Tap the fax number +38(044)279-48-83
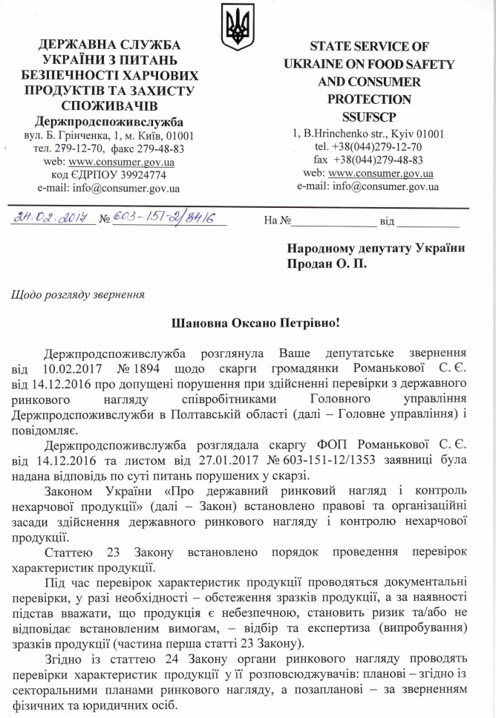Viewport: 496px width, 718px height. pos(379,160)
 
